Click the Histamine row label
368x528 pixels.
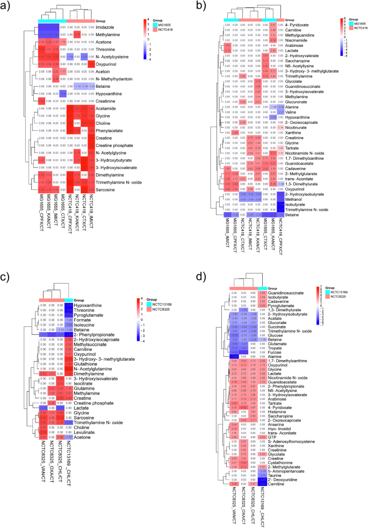278,399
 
